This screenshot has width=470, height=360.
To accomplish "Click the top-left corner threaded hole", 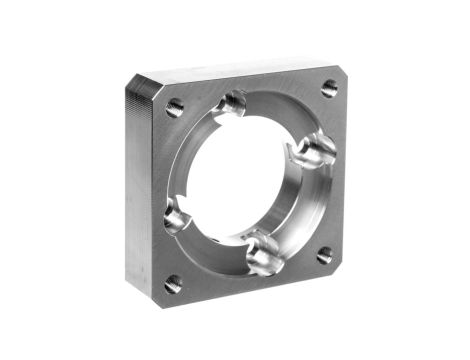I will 175,107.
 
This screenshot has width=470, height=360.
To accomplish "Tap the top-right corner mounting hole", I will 329,88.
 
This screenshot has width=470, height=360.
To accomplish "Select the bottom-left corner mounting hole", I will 174,283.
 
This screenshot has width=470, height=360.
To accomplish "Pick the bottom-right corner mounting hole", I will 324,255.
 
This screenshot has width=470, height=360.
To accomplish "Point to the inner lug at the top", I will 235,102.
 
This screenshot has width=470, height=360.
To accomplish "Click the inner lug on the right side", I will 316,150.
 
